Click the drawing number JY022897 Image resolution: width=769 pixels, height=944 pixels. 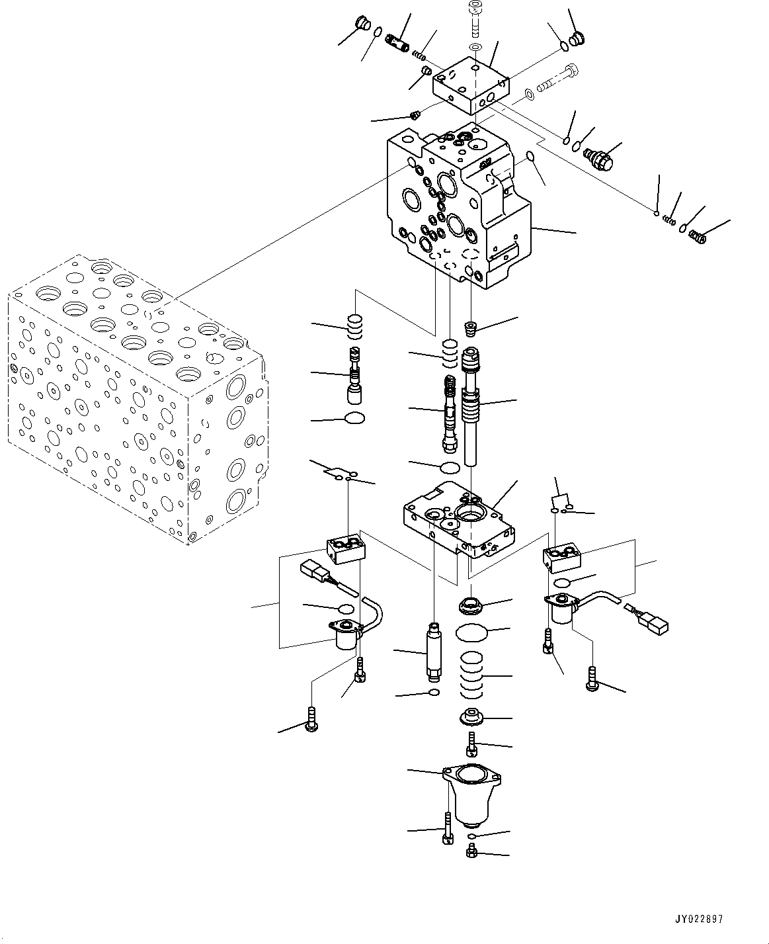click(x=699, y=919)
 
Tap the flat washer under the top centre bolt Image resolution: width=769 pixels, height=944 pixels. click(x=475, y=47)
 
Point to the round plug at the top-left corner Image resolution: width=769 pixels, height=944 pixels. click(x=363, y=23)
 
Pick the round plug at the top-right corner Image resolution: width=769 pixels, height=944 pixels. click(x=577, y=38)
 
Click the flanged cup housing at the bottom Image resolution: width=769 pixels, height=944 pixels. click(x=471, y=795)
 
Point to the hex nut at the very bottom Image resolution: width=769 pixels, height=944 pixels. click(x=471, y=851)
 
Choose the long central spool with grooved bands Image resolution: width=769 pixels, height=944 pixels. click(x=471, y=406)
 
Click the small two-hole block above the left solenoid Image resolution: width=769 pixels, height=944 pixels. click(x=346, y=550)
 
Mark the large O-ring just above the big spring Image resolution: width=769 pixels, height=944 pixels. click(x=471, y=632)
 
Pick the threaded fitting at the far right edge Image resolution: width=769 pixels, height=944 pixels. click(x=698, y=237)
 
